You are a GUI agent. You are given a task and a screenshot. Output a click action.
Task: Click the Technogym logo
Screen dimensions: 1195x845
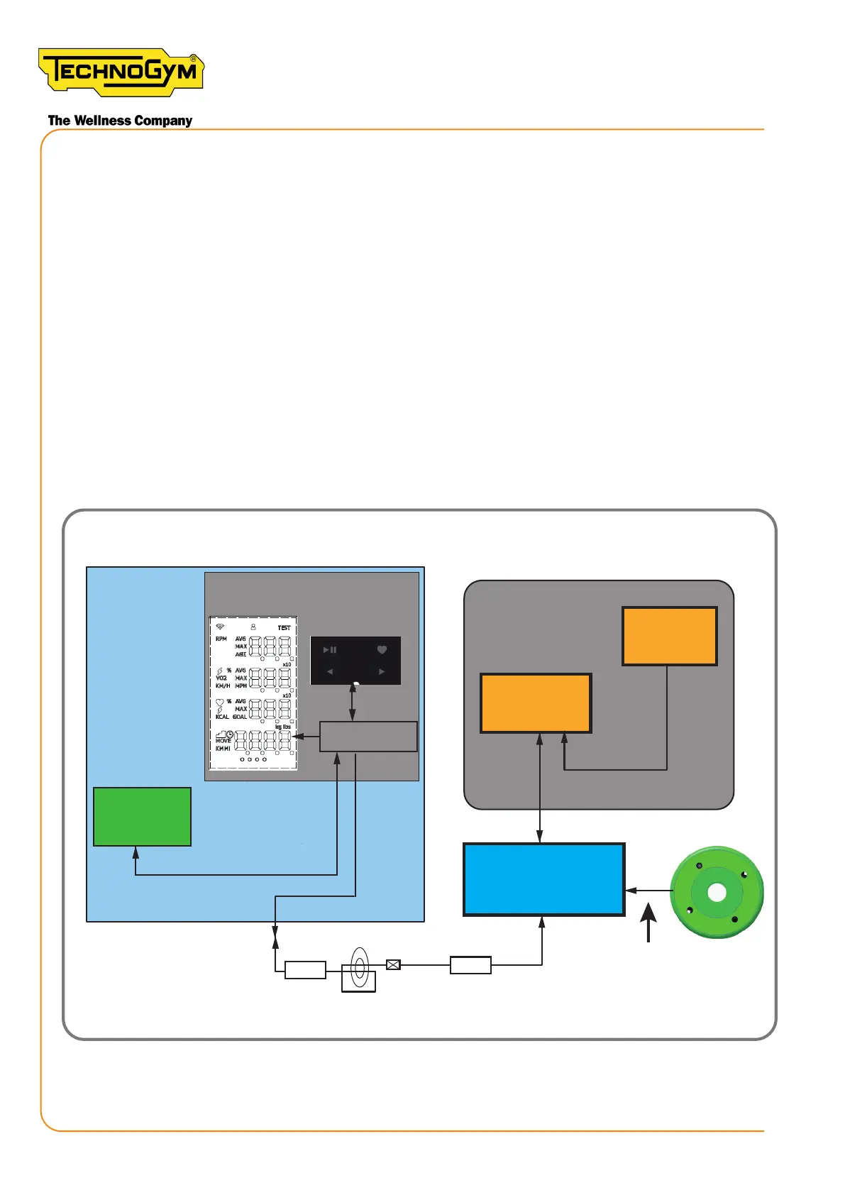click(x=121, y=72)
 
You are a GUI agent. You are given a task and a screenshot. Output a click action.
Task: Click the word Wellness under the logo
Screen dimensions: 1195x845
click(x=102, y=121)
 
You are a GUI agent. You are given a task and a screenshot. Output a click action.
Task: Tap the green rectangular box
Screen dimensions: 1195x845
click(x=142, y=816)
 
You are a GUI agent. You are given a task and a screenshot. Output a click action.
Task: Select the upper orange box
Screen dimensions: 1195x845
click(x=669, y=636)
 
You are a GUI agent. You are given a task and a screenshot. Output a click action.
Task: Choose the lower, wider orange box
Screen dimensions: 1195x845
click(x=536, y=703)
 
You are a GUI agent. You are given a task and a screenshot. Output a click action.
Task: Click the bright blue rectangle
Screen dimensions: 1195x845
click(x=543, y=879)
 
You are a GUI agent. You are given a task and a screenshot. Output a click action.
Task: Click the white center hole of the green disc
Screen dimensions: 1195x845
click(x=717, y=892)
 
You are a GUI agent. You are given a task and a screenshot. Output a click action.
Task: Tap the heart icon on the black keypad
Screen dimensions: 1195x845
click(x=382, y=649)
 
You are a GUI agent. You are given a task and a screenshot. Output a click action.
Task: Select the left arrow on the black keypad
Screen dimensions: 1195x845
click(x=330, y=671)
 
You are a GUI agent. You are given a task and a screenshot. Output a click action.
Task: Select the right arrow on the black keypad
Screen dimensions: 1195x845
click(x=382, y=671)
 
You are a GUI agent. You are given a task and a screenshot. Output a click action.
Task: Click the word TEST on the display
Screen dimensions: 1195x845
click(x=284, y=628)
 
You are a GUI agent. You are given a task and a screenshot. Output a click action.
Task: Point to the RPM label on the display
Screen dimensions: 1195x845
click(x=221, y=639)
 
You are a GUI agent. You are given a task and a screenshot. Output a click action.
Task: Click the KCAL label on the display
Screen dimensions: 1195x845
click(x=222, y=717)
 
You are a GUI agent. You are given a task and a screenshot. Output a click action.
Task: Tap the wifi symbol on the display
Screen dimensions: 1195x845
click(x=220, y=627)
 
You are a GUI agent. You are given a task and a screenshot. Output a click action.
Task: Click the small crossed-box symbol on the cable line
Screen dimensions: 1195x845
click(x=393, y=964)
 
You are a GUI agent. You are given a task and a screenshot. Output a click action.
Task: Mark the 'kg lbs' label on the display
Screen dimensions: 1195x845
click(x=283, y=727)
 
